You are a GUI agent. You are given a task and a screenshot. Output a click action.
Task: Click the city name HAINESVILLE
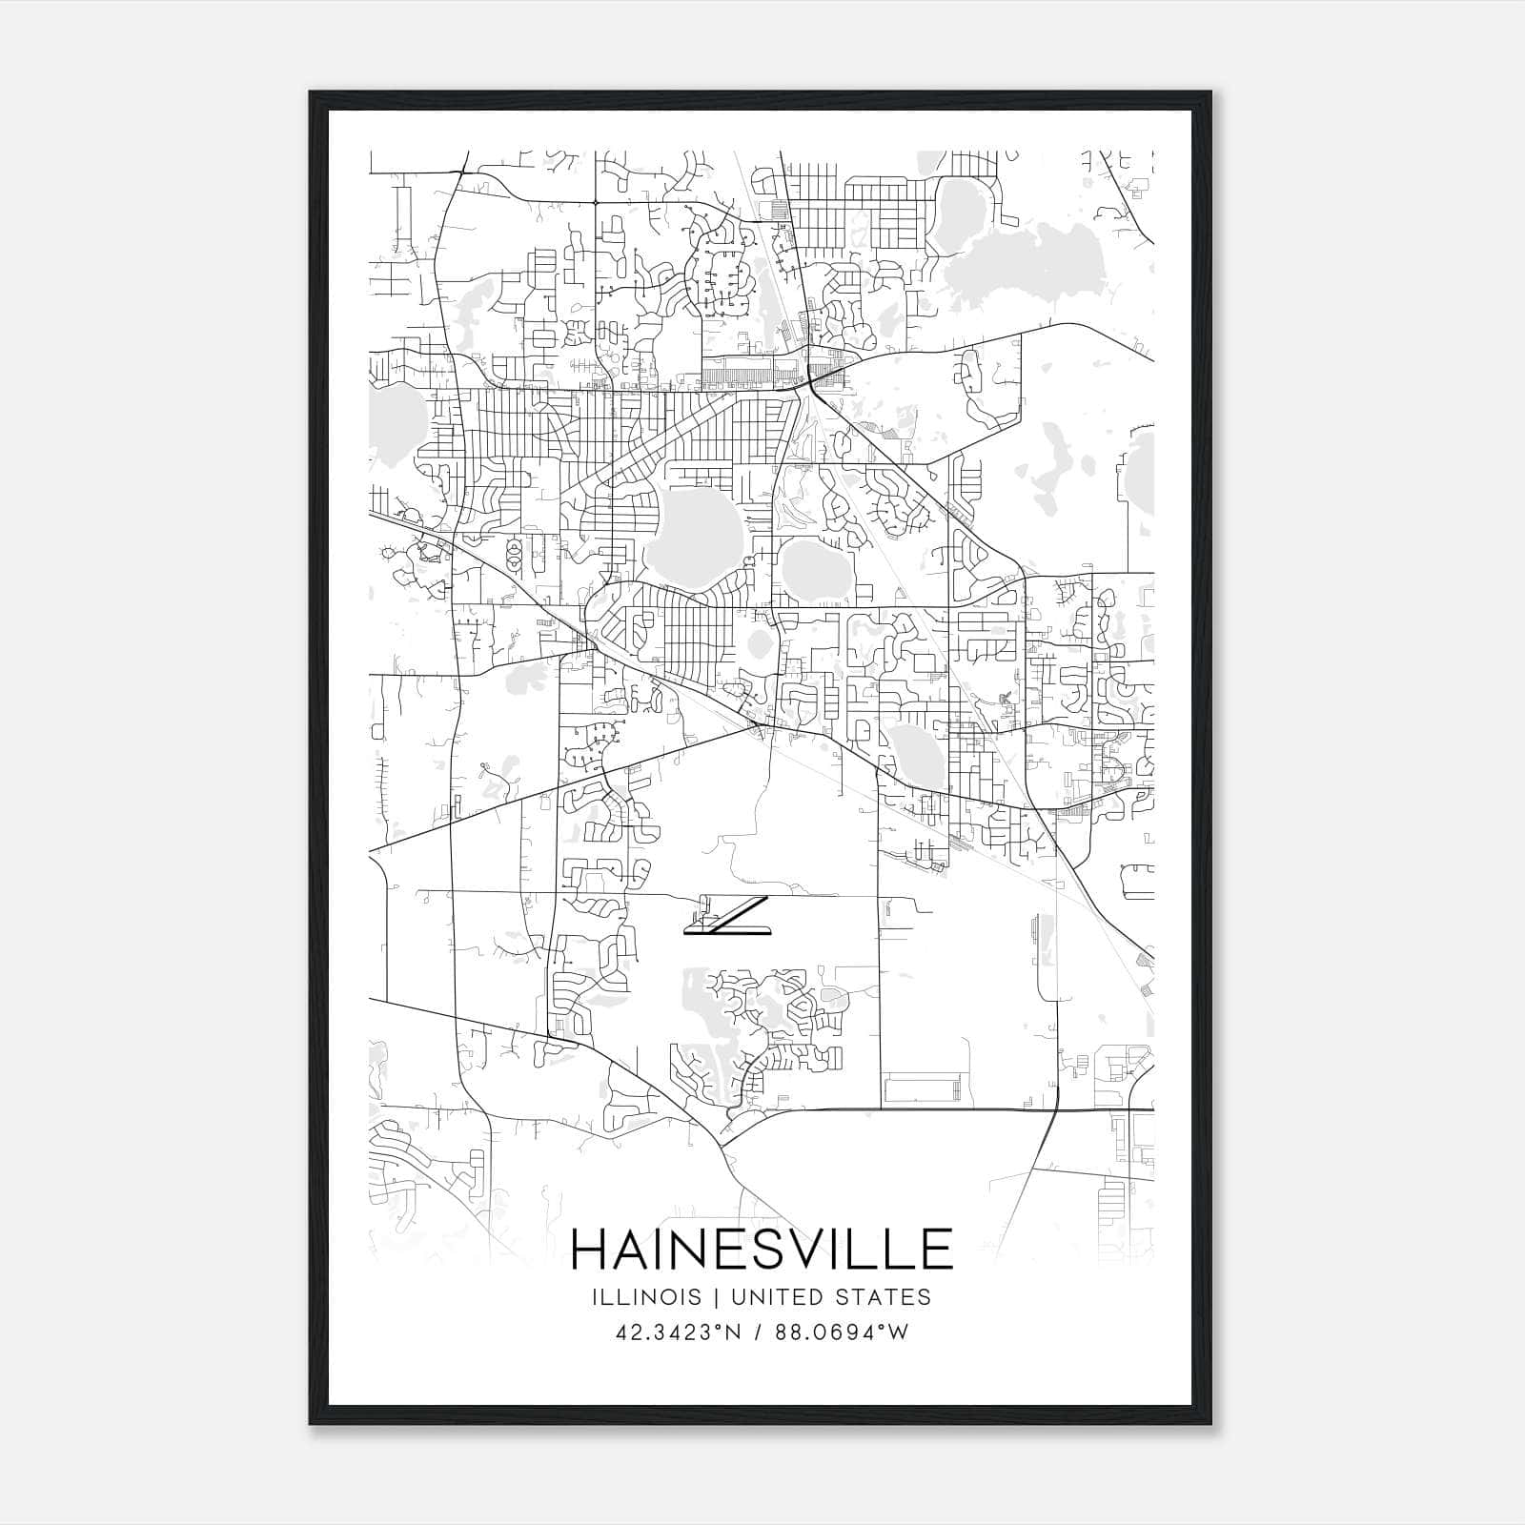(x=761, y=1250)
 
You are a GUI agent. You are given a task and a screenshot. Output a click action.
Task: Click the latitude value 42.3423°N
(x=680, y=1332)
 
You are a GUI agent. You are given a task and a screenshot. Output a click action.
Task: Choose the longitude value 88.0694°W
(x=842, y=1332)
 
